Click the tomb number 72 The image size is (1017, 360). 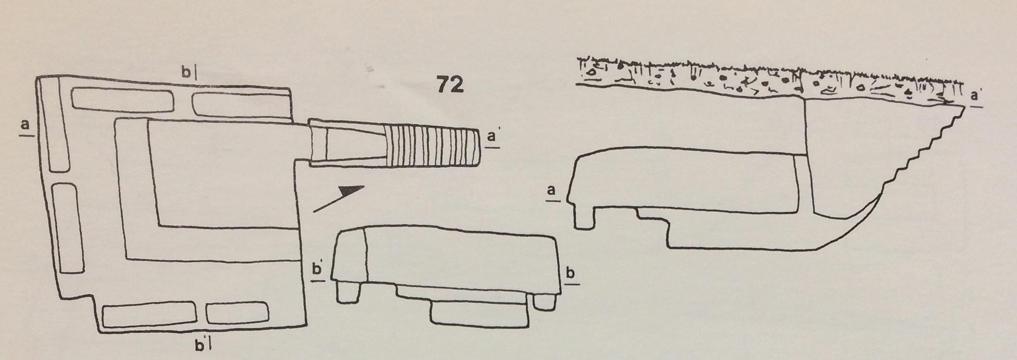pos(450,85)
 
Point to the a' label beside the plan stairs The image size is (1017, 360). pos(492,137)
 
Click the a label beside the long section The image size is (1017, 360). pos(553,191)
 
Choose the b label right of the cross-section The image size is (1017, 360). pos(570,274)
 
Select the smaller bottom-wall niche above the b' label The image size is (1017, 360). pos(237,313)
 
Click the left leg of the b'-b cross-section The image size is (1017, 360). pos(348,292)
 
